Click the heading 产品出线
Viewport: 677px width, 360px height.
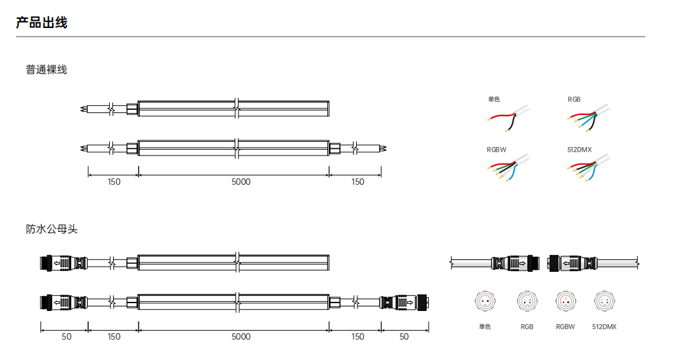pyautogui.click(x=42, y=22)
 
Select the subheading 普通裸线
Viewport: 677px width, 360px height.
pyautogui.click(x=46, y=69)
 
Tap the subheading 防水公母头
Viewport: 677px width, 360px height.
pyautogui.click(x=52, y=229)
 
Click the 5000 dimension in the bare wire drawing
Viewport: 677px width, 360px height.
pyautogui.click(x=241, y=182)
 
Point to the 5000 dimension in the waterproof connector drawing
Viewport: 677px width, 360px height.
pyautogui.click(x=241, y=336)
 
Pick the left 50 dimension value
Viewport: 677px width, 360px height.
pyautogui.click(x=67, y=336)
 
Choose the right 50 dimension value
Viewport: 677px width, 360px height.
pyautogui.click(x=404, y=336)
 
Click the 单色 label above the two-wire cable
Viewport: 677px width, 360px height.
pyautogui.click(x=494, y=99)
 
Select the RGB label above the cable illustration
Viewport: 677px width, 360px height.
pyautogui.click(x=574, y=99)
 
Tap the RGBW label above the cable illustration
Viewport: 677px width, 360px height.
pyautogui.click(x=496, y=150)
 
